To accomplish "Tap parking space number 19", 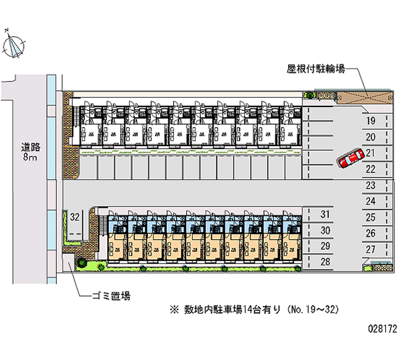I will coord(370,121).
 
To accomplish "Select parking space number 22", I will coord(370,169).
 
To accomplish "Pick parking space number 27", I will coord(370,249).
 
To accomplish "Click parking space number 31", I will coord(325,215).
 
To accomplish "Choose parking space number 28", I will coord(325,262).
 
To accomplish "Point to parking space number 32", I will coord(75,217).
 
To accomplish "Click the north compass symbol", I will coord(14,44).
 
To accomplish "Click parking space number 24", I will coord(370,201).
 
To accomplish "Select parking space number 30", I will coord(325,230).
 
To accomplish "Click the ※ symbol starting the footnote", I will coord(174,310).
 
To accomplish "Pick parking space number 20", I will coord(370,137).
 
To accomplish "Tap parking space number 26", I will coord(370,233).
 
